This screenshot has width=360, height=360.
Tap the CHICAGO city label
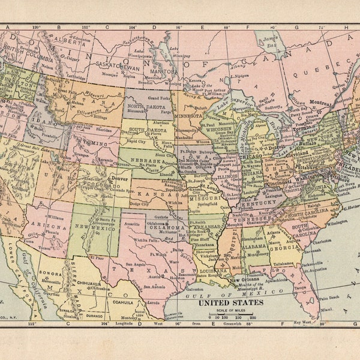[250, 157]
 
